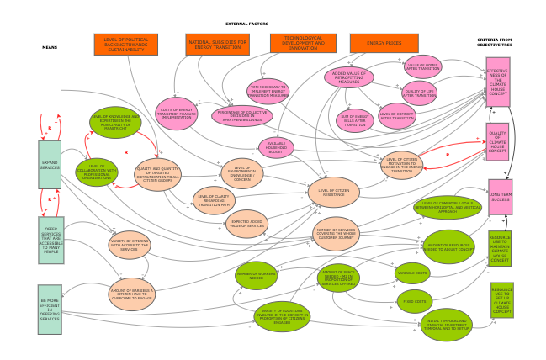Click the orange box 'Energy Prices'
coord(384,43)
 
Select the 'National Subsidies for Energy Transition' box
coord(216,44)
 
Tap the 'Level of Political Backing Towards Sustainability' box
coord(125,44)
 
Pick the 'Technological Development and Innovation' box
coord(303,43)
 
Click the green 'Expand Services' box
coord(50,164)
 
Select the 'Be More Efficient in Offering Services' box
coord(50,309)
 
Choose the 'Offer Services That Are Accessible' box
coord(50,240)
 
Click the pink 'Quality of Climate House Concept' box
coord(497,142)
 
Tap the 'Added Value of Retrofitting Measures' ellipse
coord(349,77)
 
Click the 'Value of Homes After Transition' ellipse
coord(422,66)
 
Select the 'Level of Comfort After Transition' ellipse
coord(398,115)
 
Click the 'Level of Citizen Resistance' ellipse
coord(333,192)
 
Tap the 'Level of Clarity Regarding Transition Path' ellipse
coord(215,200)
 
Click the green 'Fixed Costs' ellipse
coord(415,301)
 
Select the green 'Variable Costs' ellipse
coord(412,273)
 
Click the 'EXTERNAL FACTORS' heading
coord(247,24)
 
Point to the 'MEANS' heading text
coord(50,47)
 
